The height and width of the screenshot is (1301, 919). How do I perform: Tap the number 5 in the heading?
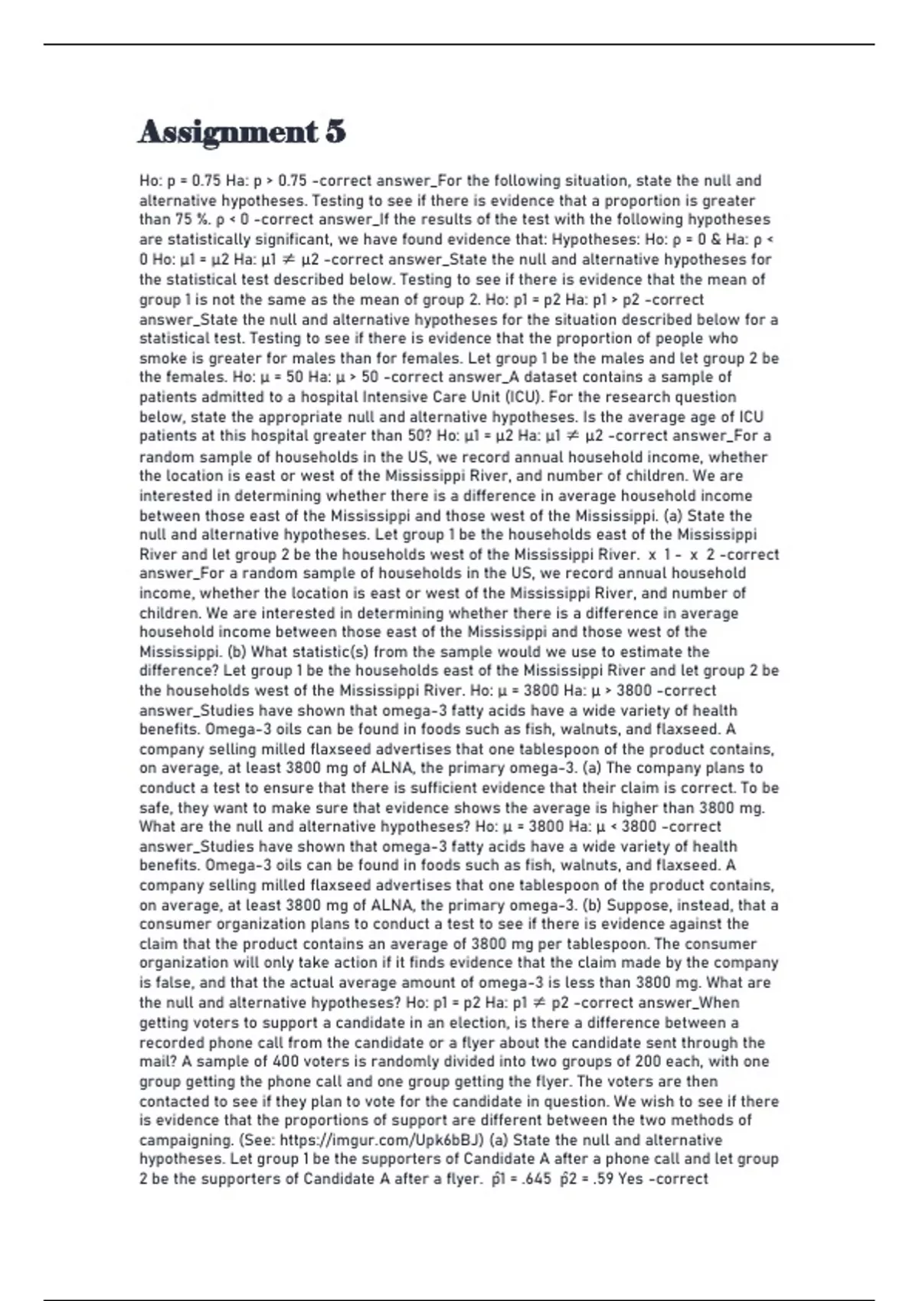(x=335, y=132)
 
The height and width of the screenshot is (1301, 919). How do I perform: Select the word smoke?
(x=162, y=358)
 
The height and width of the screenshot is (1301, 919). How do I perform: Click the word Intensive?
(x=397, y=397)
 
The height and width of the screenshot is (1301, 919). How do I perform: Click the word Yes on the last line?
(x=630, y=1179)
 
